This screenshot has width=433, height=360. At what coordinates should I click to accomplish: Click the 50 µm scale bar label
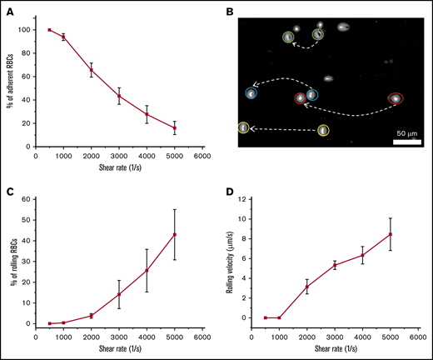[406, 133]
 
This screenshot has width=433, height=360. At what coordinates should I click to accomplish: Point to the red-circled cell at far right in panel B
[396, 98]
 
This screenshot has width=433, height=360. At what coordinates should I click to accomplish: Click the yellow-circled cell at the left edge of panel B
[243, 128]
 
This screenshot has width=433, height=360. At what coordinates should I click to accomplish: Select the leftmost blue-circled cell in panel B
[251, 94]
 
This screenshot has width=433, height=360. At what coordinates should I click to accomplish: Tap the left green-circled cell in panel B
[288, 37]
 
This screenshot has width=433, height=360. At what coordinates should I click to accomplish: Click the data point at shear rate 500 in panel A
[50, 30]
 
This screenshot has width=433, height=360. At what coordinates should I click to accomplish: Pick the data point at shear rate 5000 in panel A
[175, 128]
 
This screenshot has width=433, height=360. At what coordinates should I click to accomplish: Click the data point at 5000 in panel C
[175, 234]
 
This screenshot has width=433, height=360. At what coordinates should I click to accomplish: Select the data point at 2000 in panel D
[306, 287]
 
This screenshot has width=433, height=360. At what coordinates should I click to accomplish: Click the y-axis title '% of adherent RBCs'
[12, 83]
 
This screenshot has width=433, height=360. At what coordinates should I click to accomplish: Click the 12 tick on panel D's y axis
[245, 199]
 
